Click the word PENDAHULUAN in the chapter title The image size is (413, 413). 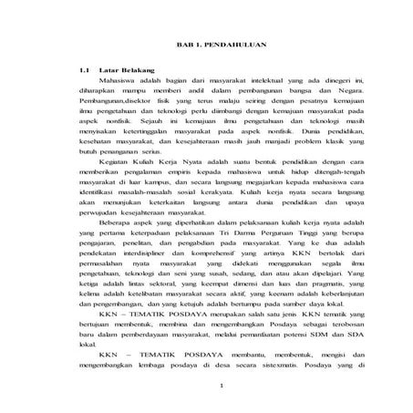click(230, 46)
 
